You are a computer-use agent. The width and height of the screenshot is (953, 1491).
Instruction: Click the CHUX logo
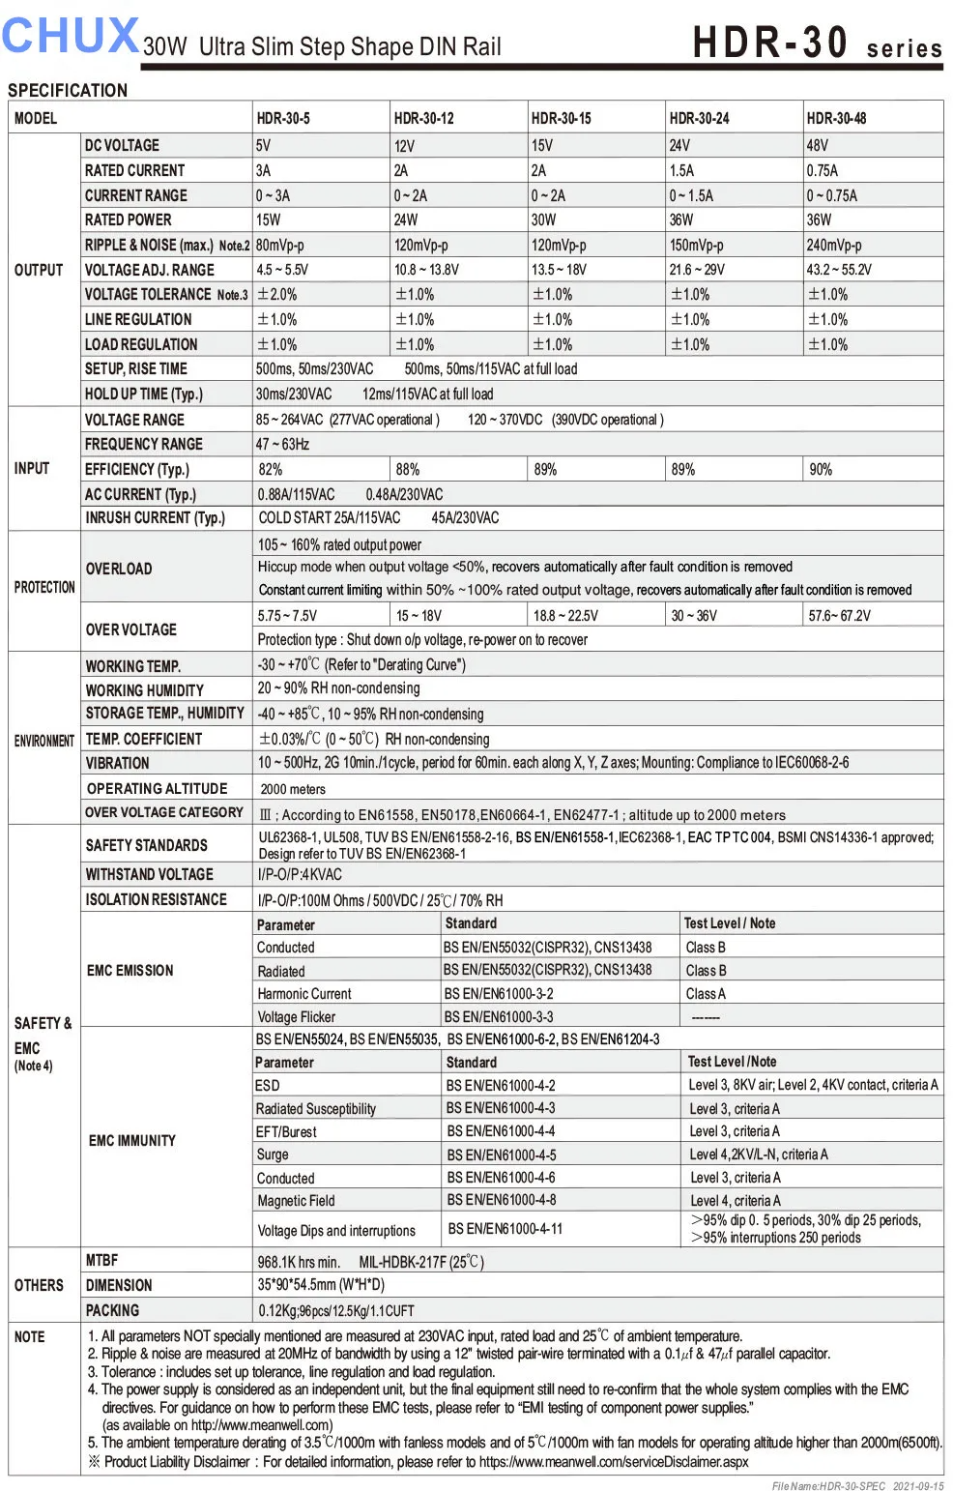coord(70,36)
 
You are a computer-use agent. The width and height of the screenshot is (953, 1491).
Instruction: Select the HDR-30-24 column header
coord(699,118)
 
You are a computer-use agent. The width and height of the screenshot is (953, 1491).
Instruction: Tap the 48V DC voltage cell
coord(818,145)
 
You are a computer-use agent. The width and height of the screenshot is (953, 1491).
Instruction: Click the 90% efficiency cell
coord(821,469)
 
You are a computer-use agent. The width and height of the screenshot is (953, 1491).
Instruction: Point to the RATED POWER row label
coord(128,219)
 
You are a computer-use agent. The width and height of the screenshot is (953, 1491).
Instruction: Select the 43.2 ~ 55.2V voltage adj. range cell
coord(839,270)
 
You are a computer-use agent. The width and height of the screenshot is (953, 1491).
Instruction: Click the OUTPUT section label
coord(39,270)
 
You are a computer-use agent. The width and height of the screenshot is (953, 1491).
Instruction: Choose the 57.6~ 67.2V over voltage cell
coord(839,615)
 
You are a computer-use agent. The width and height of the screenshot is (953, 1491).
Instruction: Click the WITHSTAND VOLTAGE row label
coord(149,874)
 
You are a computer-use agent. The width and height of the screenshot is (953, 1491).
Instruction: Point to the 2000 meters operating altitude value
coord(293,789)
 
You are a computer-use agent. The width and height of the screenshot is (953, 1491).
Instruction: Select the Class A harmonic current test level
coord(706,993)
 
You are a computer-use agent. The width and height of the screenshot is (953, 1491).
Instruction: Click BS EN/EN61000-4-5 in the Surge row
coord(501,1155)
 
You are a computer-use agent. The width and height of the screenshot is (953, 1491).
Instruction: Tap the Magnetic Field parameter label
coord(296,1201)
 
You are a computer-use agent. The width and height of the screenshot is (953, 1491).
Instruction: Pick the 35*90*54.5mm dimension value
coord(321,1285)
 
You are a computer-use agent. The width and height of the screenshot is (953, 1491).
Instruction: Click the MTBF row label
coord(101,1260)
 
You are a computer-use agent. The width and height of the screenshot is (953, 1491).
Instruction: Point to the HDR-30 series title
coord(817,44)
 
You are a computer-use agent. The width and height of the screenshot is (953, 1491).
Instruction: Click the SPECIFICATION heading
coord(68,90)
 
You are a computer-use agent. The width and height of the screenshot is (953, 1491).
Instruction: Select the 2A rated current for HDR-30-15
coord(538,170)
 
